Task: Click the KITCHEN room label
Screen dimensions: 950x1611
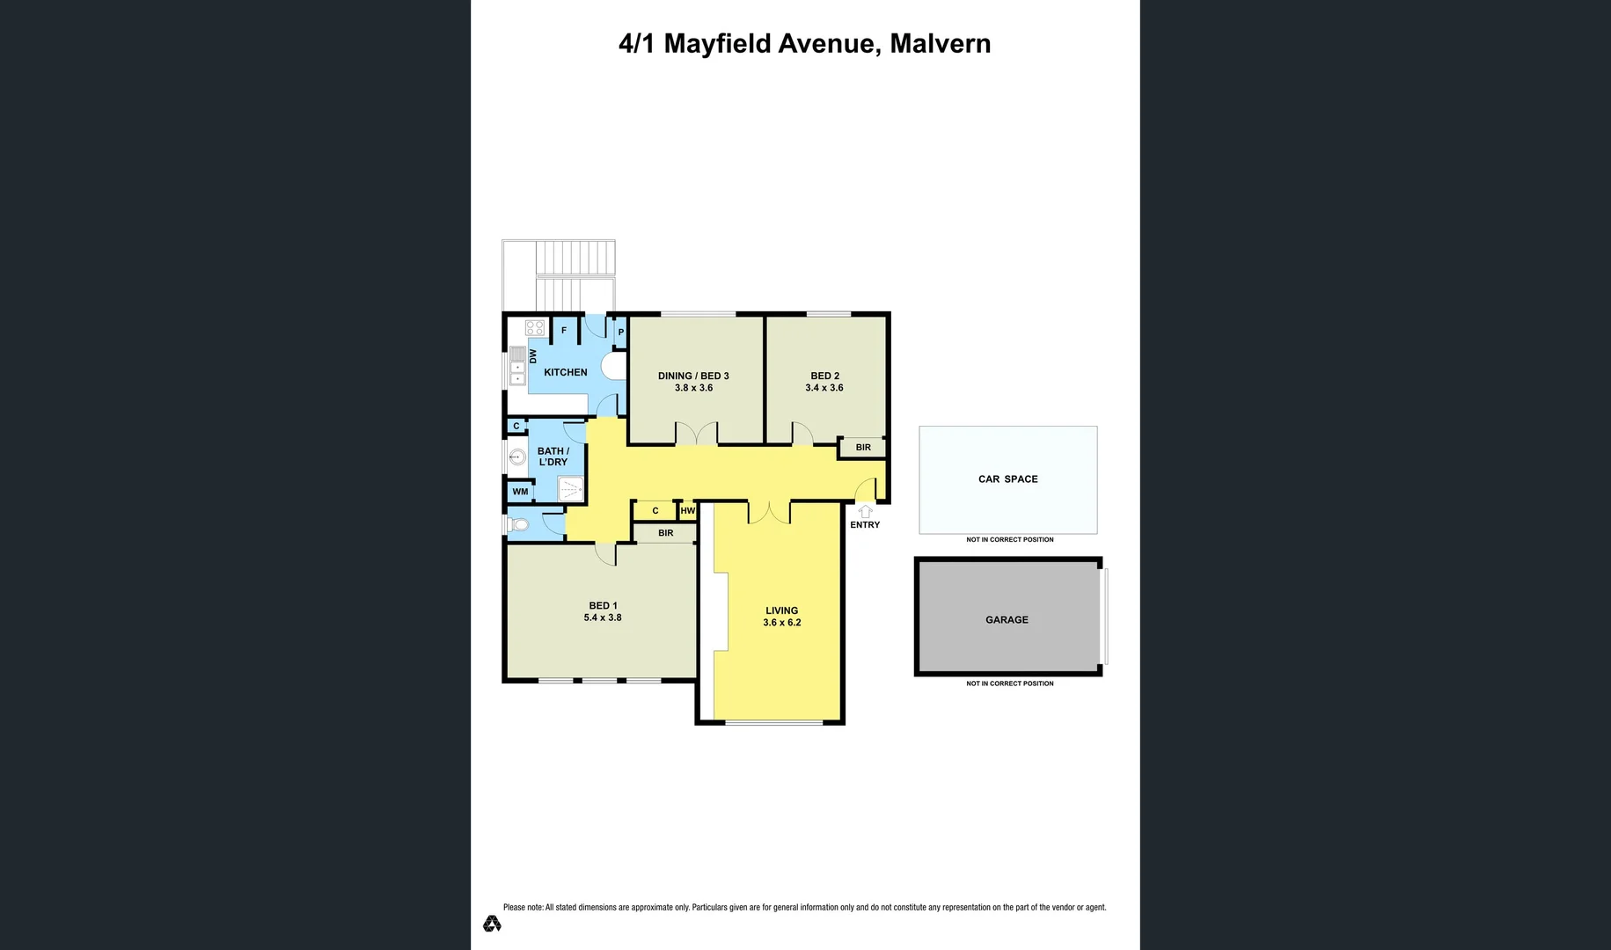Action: point(565,372)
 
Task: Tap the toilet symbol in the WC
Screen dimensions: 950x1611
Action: point(518,525)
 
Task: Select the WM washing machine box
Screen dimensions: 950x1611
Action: point(520,492)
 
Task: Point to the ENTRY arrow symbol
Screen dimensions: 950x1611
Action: point(865,511)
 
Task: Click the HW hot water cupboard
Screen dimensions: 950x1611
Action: point(687,510)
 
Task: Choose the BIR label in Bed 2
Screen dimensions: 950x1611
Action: point(863,448)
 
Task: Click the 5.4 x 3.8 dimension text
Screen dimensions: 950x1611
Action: point(603,617)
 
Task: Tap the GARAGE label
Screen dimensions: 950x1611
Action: point(1007,620)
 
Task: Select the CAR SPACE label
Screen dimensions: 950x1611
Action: point(1007,479)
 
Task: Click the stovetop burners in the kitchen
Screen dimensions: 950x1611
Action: point(535,328)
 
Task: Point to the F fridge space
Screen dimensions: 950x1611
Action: point(564,331)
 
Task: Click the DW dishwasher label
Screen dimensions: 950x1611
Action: point(533,356)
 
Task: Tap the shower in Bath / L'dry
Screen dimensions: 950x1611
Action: point(571,488)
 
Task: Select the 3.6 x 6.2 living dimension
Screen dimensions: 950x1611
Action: point(781,623)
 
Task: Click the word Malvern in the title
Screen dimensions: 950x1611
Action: point(940,43)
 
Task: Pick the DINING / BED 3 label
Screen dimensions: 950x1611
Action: point(693,376)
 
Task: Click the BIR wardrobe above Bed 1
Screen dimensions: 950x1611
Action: point(665,533)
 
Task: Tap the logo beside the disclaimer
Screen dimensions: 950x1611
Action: point(492,924)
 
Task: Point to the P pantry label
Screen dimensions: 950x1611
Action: point(621,332)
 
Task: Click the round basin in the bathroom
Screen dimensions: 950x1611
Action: point(517,457)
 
